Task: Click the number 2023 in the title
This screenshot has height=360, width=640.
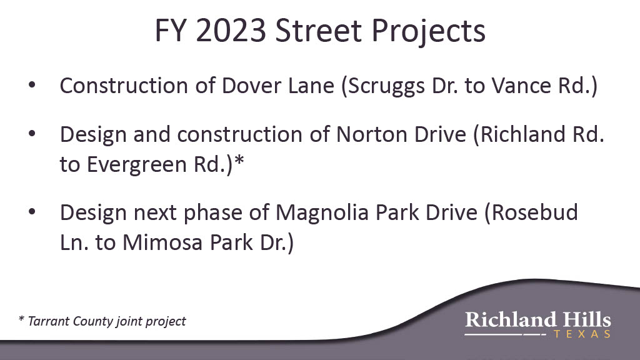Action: [x=231, y=31]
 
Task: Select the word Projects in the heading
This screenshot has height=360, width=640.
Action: [x=428, y=32]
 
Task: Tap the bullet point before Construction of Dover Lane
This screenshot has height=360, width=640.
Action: [x=32, y=85]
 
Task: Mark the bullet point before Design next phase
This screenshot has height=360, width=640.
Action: [x=32, y=212]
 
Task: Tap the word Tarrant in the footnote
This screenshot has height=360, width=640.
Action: [x=49, y=321]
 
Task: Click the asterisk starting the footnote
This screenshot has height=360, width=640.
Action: [x=21, y=318]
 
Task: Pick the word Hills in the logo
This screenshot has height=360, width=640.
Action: [x=587, y=319]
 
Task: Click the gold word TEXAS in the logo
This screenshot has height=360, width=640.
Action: [x=582, y=334]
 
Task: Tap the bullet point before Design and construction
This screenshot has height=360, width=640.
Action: [x=32, y=134]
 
